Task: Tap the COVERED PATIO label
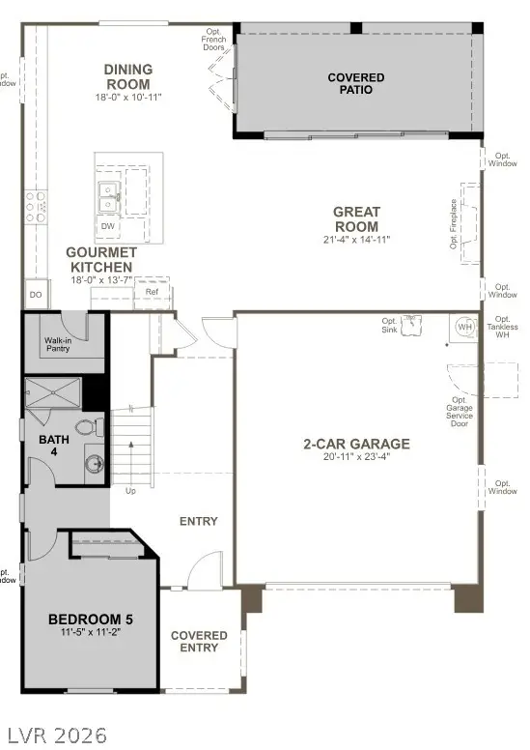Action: (x=355, y=83)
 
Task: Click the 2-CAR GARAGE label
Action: (x=356, y=444)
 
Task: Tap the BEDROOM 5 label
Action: (x=92, y=619)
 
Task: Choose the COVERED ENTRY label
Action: (x=199, y=642)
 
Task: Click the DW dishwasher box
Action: (x=108, y=227)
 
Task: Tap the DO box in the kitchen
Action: (x=35, y=295)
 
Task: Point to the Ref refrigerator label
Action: (x=152, y=291)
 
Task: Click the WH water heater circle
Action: (x=465, y=327)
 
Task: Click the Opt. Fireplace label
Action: (x=454, y=227)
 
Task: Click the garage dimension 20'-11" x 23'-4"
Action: (x=356, y=457)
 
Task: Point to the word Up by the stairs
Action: (x=131, y=490)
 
